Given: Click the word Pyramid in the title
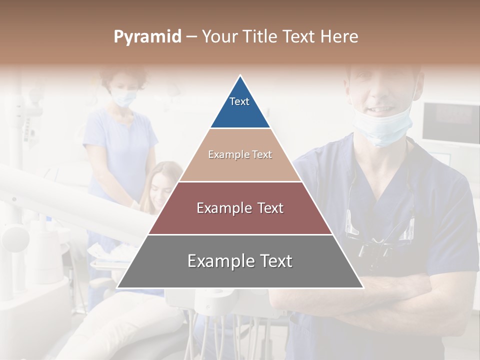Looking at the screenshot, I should (x=147, y=37).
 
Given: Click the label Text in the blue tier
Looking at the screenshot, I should (x=239, y=101).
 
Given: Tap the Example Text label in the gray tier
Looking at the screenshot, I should (x=240, y=261).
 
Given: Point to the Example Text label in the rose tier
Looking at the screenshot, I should (x=240, y=208).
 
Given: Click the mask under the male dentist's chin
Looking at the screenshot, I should (x=382, y=129).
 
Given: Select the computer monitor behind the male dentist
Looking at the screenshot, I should (x=450, y=122).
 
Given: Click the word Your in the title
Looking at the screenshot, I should (x=219, y=37).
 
